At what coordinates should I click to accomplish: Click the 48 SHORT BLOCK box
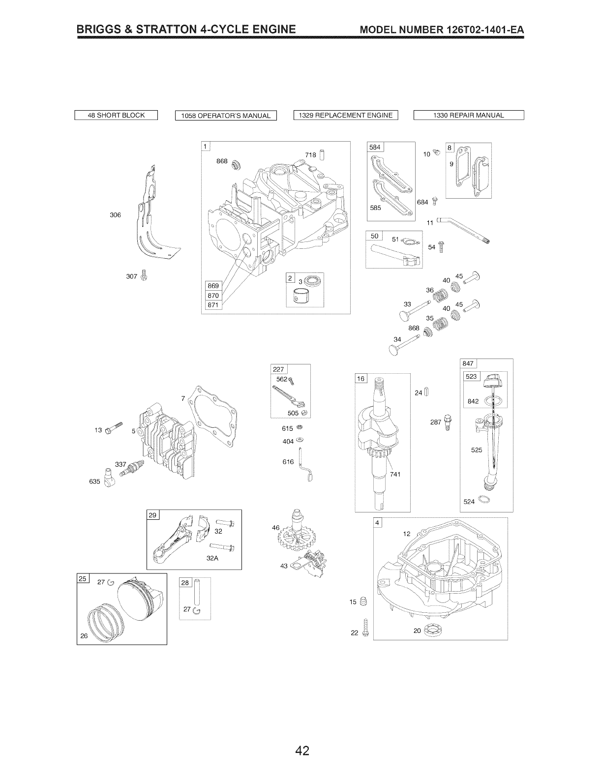tap(116, 116)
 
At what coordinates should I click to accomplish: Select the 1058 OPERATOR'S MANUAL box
tap(226, 116)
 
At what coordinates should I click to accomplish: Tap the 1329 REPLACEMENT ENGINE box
tap(345, 116)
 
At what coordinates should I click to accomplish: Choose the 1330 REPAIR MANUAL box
tap(469, 116)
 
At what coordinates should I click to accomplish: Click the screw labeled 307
tap(144, 275)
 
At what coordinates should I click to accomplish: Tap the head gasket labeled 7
tap(214, 416)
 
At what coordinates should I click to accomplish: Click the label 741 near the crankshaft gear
tap(395, 474)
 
